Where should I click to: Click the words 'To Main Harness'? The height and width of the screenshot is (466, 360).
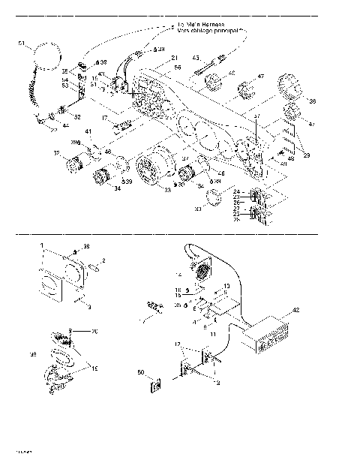pyautogui.click(x=200, y=26)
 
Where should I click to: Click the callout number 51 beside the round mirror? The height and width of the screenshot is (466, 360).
pyautogui.click(x=21, y=43)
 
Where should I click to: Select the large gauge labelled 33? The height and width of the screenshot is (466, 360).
pyautogui.click(x=154, y=171)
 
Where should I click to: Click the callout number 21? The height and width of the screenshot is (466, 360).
pyautogui.click(x=174, y=58)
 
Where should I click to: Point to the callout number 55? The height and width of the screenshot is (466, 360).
pyautogui.click(x=178, y=68)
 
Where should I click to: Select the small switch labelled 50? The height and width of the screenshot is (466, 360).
pyautogui.click(x=154, y=386)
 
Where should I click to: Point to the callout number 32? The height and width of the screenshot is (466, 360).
pyautogui.click(x=56, y=153)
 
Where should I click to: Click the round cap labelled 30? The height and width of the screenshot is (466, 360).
pyautogui.click(x=214, y=199)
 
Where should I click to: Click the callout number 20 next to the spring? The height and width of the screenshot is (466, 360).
pyautogui.click(x=94, y=332)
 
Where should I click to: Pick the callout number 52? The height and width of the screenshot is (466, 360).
pyautogui.click(x=76, y=117)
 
